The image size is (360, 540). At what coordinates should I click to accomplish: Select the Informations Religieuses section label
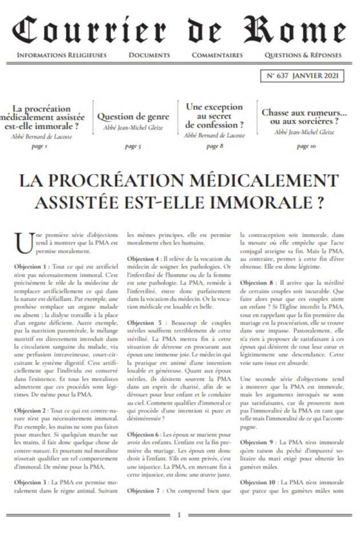[62, 55]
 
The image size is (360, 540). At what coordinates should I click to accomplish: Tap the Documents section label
[149, 55]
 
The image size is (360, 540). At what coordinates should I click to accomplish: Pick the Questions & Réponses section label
[303, 55]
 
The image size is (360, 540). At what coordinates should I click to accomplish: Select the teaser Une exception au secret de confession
[214, 115]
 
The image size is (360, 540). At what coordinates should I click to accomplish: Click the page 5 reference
[133, 147]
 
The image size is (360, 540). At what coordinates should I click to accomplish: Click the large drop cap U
[22, 241]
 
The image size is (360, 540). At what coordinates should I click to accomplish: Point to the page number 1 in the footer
[179, 515]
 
